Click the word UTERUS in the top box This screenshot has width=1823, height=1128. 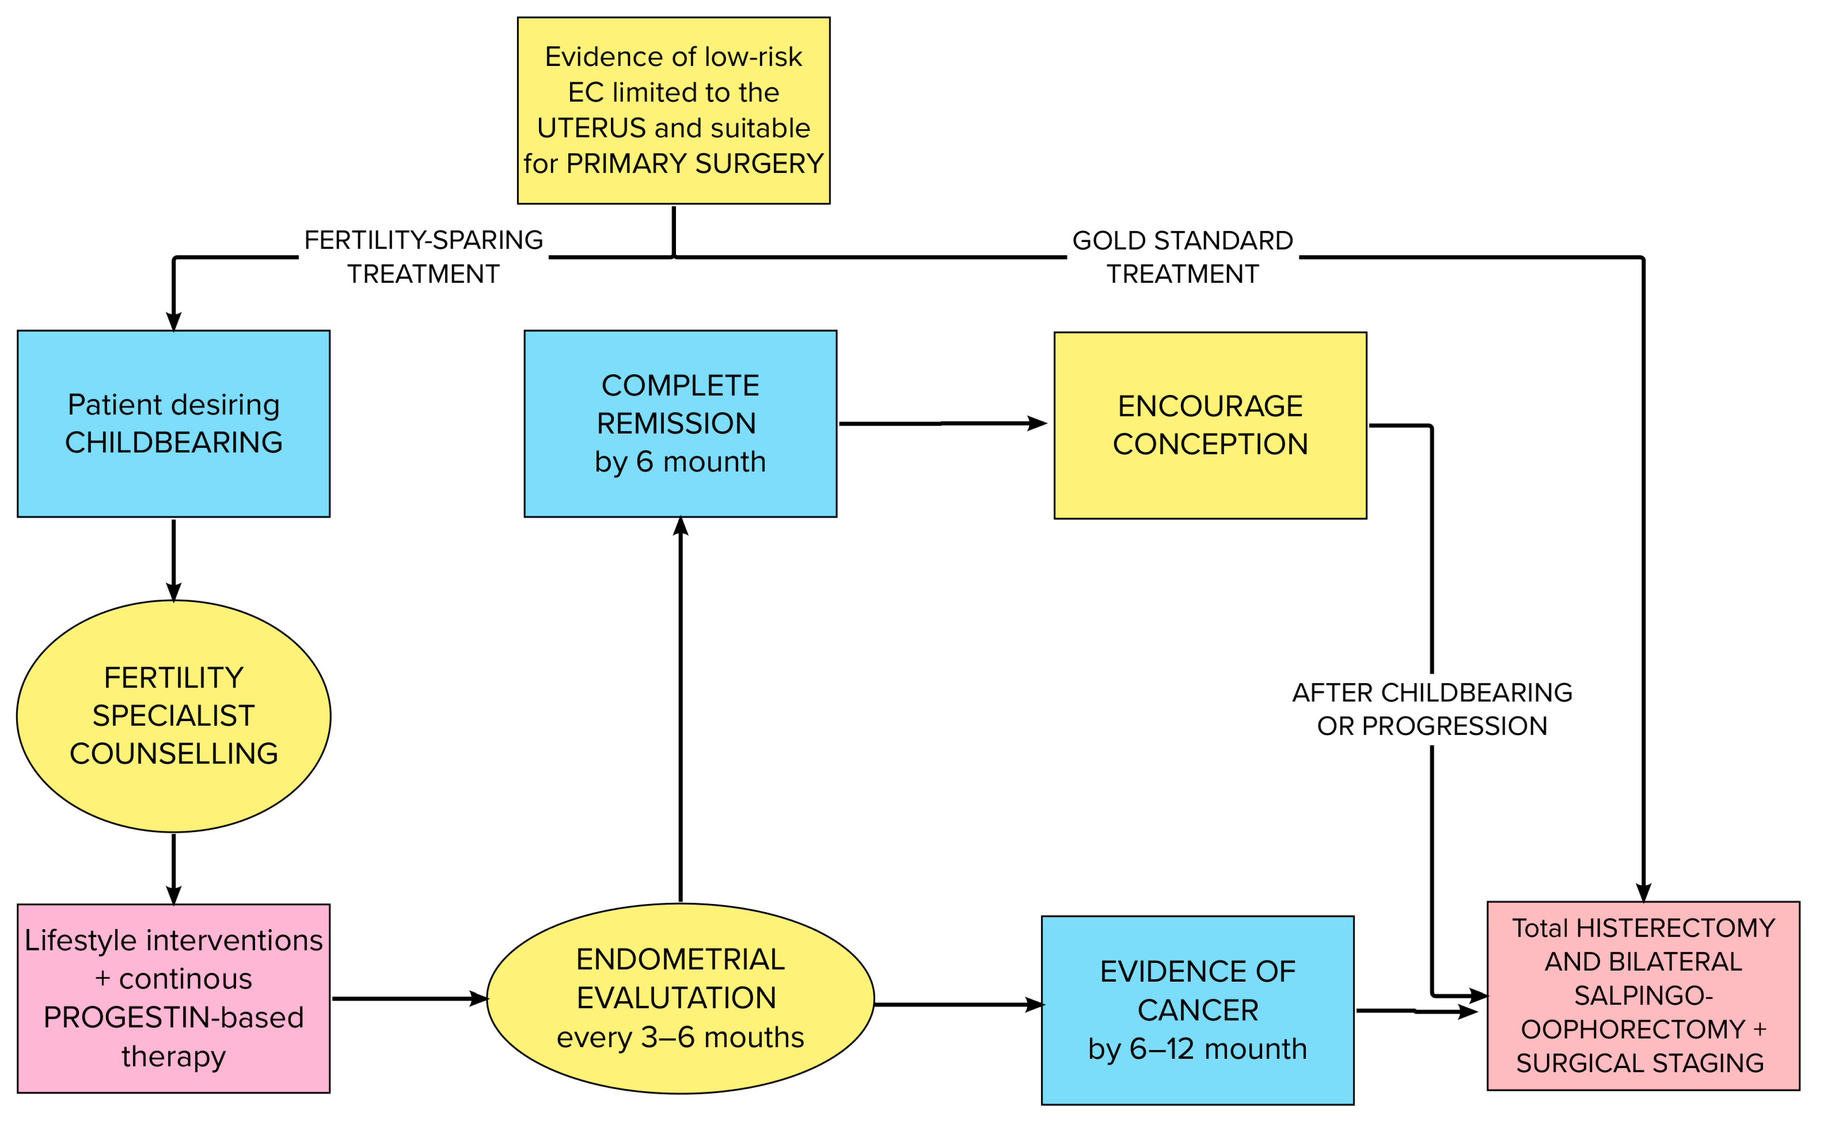point(591,128)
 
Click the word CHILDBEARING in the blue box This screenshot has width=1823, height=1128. point(174,442)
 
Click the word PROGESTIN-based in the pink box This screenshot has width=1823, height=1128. point(174,1017)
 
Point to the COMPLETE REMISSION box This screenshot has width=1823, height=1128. point(680,423)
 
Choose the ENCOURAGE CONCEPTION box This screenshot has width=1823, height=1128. point(1209,425)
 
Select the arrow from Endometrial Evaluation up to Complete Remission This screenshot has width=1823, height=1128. point(680,709)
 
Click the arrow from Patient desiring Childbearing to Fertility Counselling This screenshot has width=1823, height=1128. point(174,559)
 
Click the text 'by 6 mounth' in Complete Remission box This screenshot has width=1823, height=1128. point(680,462)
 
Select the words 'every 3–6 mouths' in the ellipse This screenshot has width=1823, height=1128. point(680,1037)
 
